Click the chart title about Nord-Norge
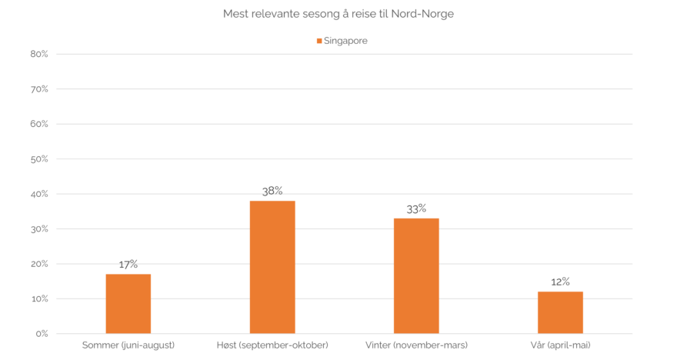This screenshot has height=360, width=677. point(338,15)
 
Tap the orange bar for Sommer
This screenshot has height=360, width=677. point(128,304)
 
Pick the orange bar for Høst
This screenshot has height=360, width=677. point(272,267)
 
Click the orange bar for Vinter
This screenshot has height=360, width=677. point(416,275)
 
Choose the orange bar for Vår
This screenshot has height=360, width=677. point(560,312)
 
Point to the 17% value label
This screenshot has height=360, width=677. point(128,264)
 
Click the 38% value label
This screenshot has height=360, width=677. point(272,190)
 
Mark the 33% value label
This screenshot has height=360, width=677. point(416,208)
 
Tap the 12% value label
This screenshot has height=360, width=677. point(560,282)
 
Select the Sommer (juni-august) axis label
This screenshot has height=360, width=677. point(128,345)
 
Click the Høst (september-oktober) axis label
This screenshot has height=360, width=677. point(272,345)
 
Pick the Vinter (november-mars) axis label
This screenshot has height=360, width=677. point(416,345)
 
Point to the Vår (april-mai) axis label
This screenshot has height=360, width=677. point(560,345)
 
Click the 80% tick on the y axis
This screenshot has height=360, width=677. point(39,55)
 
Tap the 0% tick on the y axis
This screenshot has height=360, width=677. point(42,334)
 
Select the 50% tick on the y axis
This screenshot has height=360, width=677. point(39,159)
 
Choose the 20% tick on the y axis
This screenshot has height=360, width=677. point(39,264)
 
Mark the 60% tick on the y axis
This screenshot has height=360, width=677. point(39,125)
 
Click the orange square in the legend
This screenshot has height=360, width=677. point(319,42)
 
